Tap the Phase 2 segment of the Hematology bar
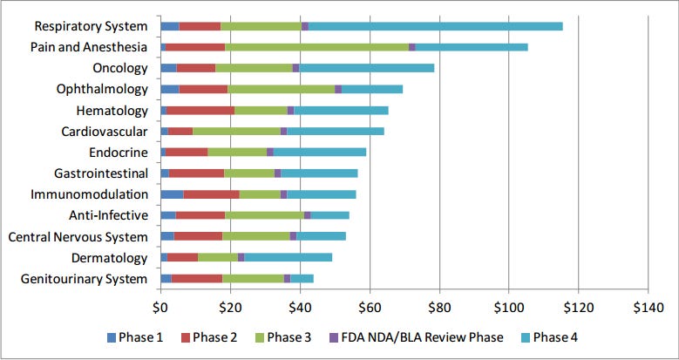pyautogui.click(x=200, y=110)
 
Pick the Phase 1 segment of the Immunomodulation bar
pyautogui.click(x=172, y=194)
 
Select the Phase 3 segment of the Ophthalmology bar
pyautogui.click(x=281, y=89)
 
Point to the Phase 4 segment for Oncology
pyautogui.click(x=366, y=68)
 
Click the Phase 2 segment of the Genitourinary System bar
pyautogui.click(x=197, y=278)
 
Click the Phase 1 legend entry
pyautogui.click(x=136, y=336)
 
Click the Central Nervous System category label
pyautogui.click(x=78, y=236)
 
